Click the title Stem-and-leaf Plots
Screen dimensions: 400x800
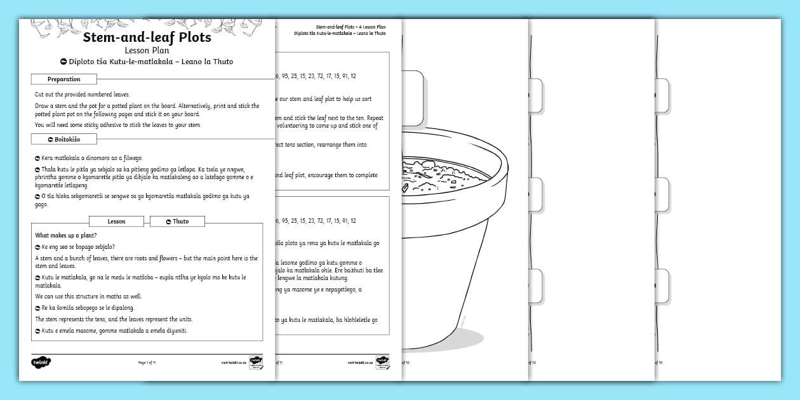tap(147, 37)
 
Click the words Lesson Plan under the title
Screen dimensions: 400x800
tap(147, 50)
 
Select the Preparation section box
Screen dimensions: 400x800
tap(64, 79)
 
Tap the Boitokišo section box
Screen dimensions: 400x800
tap(64, 138)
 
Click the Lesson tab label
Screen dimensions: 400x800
tap(117, 221)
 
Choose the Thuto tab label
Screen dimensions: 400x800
tap(177, 221)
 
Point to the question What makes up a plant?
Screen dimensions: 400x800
tap(66, 236)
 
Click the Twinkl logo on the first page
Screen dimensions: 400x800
tap(41, 363)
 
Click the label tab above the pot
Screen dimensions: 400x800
tap(413, 98)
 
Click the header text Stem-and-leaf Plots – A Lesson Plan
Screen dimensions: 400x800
tap(350, 27)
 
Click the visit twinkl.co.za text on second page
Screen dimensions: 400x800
tap(360, 363)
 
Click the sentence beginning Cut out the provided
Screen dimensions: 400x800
tap(82, 93)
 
